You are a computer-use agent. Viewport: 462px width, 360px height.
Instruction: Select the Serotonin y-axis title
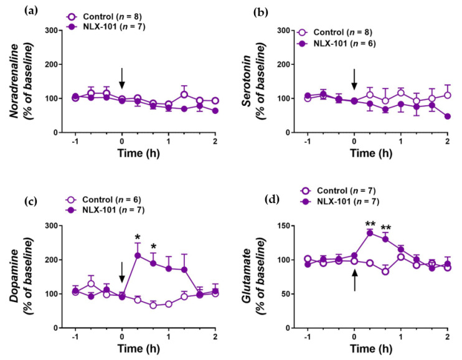click(252, 81)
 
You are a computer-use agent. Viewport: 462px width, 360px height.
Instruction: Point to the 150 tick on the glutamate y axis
click(291, 225)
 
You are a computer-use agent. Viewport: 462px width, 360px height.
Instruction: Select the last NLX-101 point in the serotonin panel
click(448, 116)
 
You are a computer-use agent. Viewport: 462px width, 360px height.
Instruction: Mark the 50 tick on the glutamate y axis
click(293, 293)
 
